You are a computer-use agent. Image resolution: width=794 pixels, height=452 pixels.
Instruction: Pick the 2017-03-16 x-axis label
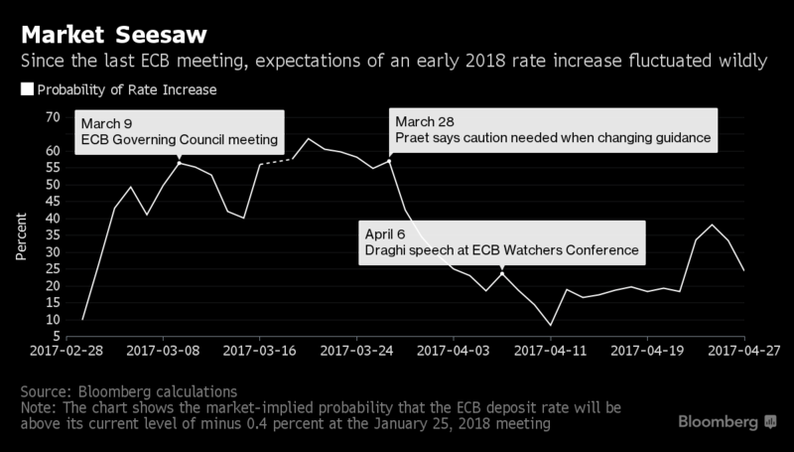click(260, 351)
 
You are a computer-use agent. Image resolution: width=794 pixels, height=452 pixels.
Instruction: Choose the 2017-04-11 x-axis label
click(551, 351)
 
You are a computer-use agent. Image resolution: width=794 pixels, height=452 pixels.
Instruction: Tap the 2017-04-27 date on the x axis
click(744, 351)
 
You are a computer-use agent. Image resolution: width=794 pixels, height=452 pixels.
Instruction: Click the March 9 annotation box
click(180, 132)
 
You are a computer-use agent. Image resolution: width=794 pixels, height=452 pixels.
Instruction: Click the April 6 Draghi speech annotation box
click(501, 241)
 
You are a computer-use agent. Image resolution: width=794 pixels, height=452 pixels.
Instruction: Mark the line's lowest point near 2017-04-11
click(551, 325)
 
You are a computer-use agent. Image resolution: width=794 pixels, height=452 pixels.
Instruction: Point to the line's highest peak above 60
click(308, 139)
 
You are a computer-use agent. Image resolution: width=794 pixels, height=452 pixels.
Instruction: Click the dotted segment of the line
click(277, 162)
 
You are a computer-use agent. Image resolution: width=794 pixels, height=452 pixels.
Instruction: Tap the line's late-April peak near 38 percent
click(712, 225)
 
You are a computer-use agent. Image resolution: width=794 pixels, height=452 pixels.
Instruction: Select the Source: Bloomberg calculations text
click(130, 390)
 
